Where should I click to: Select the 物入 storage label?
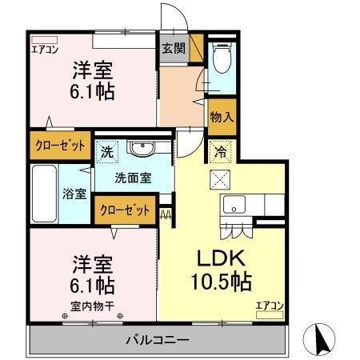coord(222,117)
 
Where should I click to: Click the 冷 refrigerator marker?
coord(219,148)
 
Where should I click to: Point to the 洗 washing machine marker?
coord(106,149)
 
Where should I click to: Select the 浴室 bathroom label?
coord(76,194)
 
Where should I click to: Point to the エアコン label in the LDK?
coord(270,305)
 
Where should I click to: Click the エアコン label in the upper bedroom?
coord(45,48)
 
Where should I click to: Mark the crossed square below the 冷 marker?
coord(219,177)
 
